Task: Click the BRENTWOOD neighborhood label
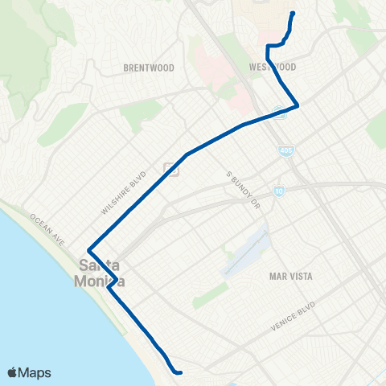(145, 68)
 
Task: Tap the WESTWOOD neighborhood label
(273, 67)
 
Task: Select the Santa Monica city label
(99, 271)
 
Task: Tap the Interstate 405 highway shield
(285, 150)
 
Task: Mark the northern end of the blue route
(292, 13)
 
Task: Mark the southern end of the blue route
(180, 372)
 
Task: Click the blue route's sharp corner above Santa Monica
(88, 249)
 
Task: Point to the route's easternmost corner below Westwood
(298, 105)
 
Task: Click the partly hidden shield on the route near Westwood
(279, 114)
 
